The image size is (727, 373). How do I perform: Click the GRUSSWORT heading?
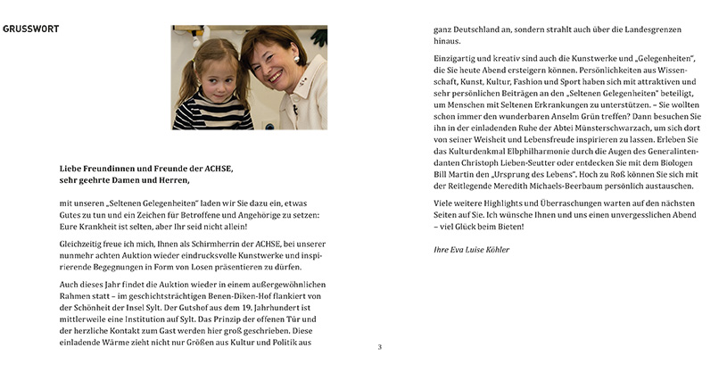point(31,29)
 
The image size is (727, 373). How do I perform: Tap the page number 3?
point(379,347)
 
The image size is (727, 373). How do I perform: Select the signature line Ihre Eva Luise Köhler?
point(471,249)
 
